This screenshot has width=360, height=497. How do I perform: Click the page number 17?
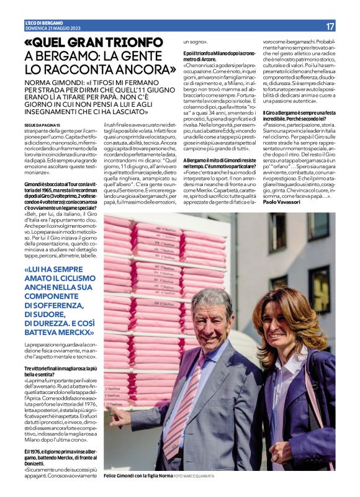330,26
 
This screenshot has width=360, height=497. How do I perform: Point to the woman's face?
284,325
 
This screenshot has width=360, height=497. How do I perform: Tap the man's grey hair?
211,300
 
